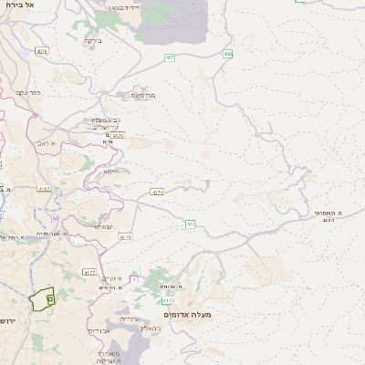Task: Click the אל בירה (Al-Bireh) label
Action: pos(17,5)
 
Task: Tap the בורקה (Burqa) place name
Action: pos(92,40)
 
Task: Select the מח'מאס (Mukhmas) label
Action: pos(143,95)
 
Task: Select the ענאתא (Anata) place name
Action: pos(103,226)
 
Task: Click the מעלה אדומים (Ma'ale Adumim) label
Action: pos(190,315)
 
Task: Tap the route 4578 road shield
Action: pos(42,51)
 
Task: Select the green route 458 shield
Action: pos(227,55)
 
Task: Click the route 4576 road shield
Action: pos(119,136)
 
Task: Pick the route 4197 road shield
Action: pos(44,189)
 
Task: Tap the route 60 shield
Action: pos(55,219)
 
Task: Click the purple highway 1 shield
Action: pos(133,278)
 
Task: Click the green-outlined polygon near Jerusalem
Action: pos(42,299)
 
